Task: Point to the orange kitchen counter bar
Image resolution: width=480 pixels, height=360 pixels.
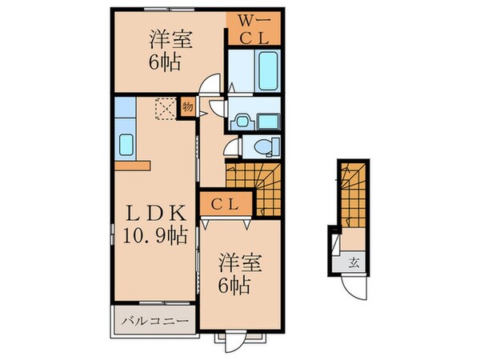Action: [x=132, y=165]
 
